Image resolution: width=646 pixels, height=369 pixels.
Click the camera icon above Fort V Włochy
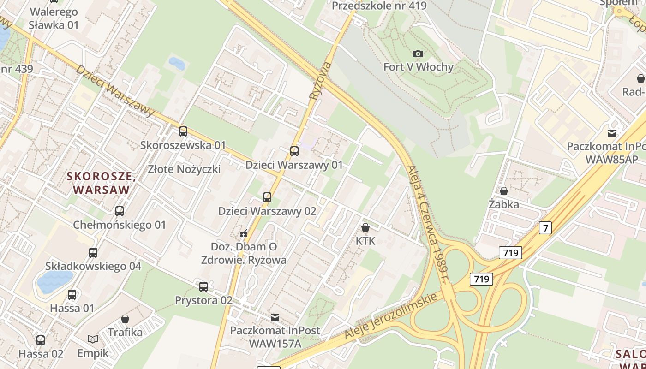click(x=418, y=54)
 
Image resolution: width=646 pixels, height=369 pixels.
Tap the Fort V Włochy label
click(x=419, y=67)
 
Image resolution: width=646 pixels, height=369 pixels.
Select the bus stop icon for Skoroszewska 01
click(x=183, y=131)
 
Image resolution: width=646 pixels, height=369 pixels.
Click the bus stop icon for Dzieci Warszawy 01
click(x=294, y=151)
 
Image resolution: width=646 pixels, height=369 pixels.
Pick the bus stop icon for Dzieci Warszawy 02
click(x=267, y=197)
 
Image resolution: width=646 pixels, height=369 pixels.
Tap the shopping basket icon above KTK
click(x=365, y=227)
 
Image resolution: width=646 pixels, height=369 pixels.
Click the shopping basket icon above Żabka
click(x=504, y=190)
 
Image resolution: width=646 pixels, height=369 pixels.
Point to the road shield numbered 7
click(x=545, y=227)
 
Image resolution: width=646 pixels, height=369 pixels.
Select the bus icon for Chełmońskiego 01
click(x=120, y=211)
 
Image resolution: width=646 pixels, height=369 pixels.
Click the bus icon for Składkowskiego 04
click(x=93, y=253)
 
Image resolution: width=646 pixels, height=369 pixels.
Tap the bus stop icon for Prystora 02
click(x=203, y=287)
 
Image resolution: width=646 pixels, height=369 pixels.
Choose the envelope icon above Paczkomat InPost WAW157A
click(x=275, y=317)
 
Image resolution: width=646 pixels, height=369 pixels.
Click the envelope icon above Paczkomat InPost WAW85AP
click(x=612, y=133)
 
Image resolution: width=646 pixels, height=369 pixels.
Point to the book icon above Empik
click(x=93, y=339)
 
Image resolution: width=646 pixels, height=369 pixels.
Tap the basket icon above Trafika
click(x=125, y=319)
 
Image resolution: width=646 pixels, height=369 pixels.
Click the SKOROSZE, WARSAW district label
click(x=101, y=183)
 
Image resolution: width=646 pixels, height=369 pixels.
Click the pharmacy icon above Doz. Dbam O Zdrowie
click(x=244, y=233)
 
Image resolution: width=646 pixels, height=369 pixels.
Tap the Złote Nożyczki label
click(x=184, y=169)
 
